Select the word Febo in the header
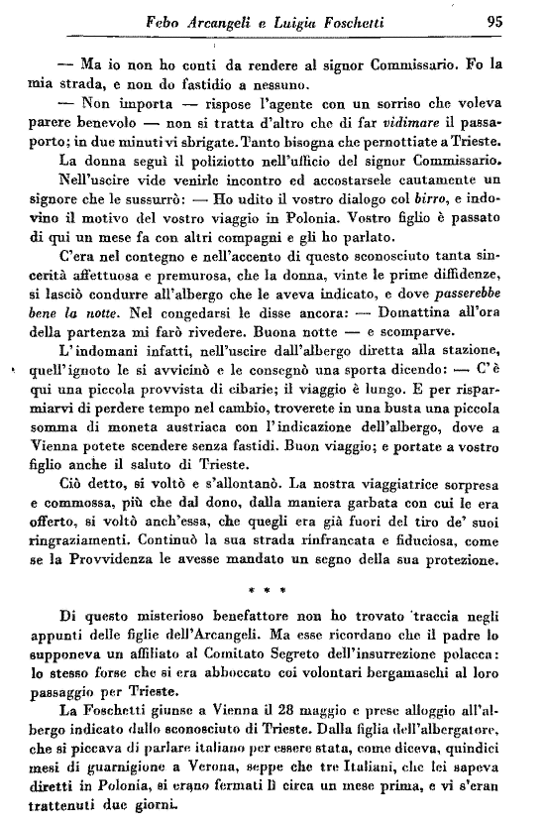(165, 18)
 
